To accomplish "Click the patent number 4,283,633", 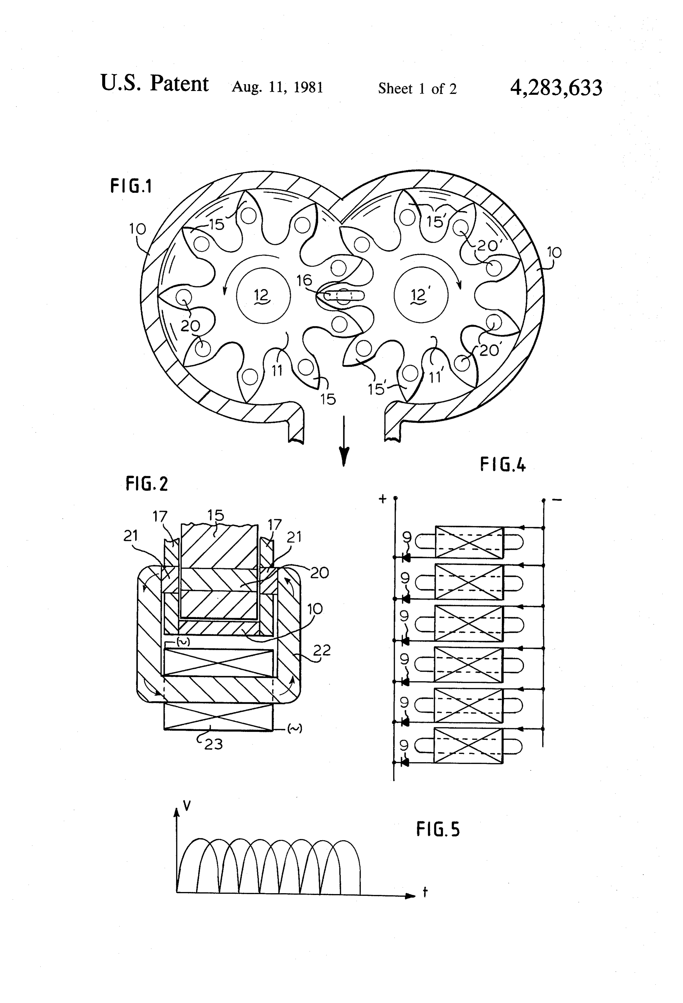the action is coord(556,88).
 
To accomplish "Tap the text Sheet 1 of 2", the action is coord(417,89).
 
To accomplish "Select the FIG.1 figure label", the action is coord(131,186).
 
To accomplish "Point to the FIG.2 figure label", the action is coord(147,484).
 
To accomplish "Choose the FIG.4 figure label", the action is coord(503,465).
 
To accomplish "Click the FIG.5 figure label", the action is coord(438,829).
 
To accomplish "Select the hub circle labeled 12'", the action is coord(421,296).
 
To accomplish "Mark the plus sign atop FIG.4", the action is coord(382,499).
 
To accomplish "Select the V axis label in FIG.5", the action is coord(187,805).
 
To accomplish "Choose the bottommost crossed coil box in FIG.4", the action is coord(468,746).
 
